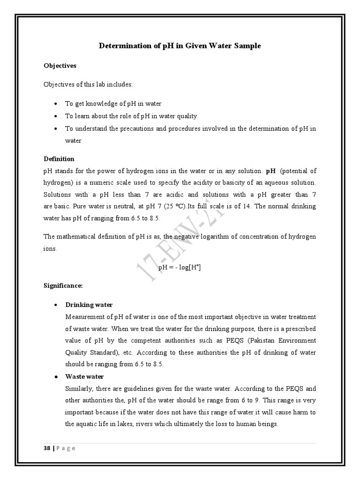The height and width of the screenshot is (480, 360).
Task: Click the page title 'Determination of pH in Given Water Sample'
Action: [180, 46]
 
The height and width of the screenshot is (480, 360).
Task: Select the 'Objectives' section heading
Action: [60, 66]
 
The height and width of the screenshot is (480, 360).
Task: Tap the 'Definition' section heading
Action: [59, 159]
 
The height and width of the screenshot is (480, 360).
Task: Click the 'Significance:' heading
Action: [63, 285]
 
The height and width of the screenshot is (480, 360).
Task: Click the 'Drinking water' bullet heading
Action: [89, 305]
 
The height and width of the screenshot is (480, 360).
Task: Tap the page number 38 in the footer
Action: [47, 448]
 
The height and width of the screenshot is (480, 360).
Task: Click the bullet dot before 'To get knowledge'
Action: [56, 104]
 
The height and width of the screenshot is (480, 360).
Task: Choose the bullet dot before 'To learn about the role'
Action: [56, 116]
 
